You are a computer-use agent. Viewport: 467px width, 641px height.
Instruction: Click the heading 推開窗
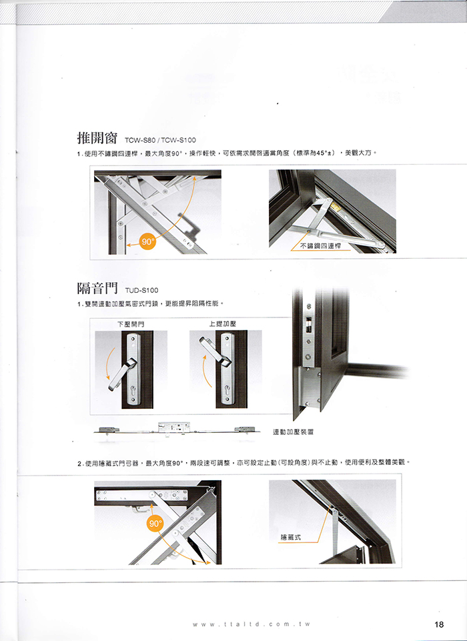(97, 138)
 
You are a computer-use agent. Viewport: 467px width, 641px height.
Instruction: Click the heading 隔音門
(97, 288)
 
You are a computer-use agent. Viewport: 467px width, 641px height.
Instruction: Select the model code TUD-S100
(141, 290)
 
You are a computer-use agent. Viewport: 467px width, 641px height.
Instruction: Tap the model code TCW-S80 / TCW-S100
(160, 140)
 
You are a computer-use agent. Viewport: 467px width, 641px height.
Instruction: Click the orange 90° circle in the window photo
(147, 241)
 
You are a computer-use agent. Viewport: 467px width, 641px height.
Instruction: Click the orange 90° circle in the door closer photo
(155, 524)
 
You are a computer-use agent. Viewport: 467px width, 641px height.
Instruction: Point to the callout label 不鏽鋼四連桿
(321, 245)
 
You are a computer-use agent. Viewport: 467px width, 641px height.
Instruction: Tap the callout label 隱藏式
(291, 537)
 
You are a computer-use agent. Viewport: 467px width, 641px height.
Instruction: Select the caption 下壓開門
(131, 324)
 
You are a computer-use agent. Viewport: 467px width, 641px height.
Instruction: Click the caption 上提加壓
(223, 324)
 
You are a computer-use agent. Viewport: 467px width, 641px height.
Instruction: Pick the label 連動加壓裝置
(293, 432)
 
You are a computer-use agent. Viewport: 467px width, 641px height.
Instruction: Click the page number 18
(439, 624)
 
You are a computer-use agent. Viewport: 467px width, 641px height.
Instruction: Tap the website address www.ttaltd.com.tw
(252, 624)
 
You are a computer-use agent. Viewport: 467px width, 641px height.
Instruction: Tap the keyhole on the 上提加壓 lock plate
(227, 389)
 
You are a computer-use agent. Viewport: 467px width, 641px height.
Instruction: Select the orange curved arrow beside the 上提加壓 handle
(205, 370)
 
